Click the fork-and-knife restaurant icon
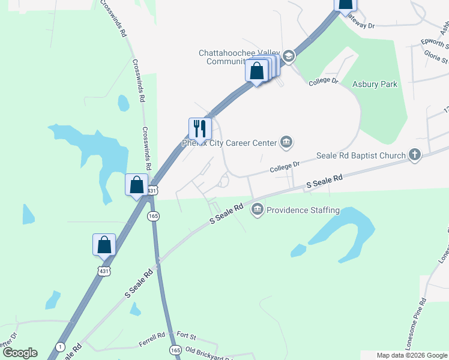click(x=200, y=128)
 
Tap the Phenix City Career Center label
click(x=229, y=143)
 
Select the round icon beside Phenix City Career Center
click(x=286, y=142)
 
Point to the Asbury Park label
click(x=375, y=85)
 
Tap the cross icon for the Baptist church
click(x=414, y=155)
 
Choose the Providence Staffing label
click(x=303, y=211)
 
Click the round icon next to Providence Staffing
click(x=258, y=209)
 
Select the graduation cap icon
click(x=288, y=57)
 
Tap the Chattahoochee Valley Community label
click(x=240, y=57)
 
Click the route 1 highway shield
click(x=60, y=347)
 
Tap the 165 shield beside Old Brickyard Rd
click(x=175, y=349)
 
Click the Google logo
click(x=20, y=353)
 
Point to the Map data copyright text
click(x=411, y=355)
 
